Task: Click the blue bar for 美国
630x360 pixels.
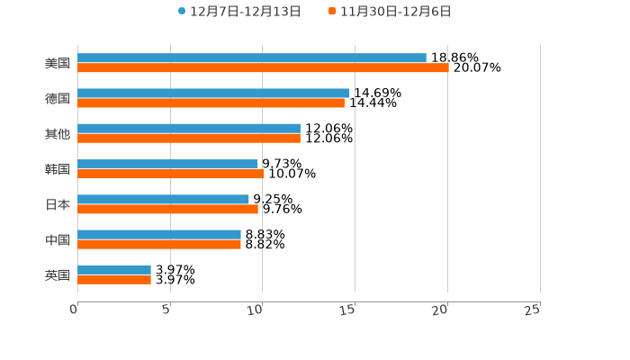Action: tap(252, 58)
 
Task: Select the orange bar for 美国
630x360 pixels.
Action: tap(263, 67)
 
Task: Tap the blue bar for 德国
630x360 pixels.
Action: tap(213, 93)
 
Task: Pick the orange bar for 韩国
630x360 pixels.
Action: tap(171, 174)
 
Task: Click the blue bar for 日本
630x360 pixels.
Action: tap(163, 199)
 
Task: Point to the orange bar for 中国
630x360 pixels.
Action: tap(159, 244)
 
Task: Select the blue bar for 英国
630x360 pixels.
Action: tap(114, 269)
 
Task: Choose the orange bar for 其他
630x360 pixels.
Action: tap(189, 139)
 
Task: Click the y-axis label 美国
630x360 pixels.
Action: tap(58, 63)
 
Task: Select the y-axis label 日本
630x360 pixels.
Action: tap(58, 204)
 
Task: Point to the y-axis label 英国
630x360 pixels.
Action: tap(58, 274)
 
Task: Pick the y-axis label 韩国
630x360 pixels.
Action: tap(58, 169)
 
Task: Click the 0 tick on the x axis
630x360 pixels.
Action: tap(74, 310)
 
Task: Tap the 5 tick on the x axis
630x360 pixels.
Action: tap(166, 310)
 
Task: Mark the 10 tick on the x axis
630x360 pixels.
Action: tap(257, 310)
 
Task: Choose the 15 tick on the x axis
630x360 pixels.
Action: tap(350, 310)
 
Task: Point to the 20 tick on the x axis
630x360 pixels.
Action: tap(442, 310)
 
